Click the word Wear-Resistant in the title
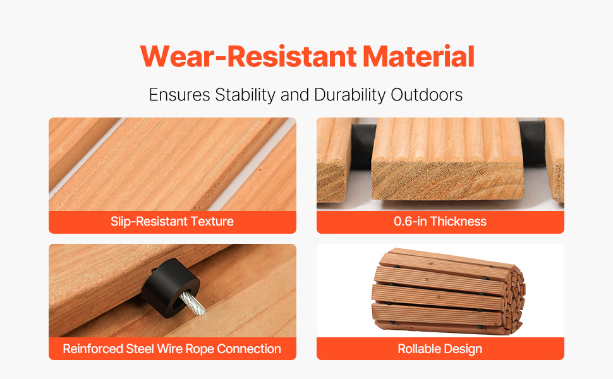coord(248,57)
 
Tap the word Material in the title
coord(419,57)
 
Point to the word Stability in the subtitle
coord(245,95)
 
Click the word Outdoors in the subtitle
coord(427,95)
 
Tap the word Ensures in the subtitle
coord(179,95)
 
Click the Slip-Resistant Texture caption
coord(172,222)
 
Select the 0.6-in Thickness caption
coord(440,222)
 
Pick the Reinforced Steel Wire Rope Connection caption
coord(172,349)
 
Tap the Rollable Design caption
coord(440,349)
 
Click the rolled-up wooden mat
coord(447,291)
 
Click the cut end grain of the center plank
coord(447,181)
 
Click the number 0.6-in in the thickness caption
coord(410,222)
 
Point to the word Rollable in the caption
coord(416,349)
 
